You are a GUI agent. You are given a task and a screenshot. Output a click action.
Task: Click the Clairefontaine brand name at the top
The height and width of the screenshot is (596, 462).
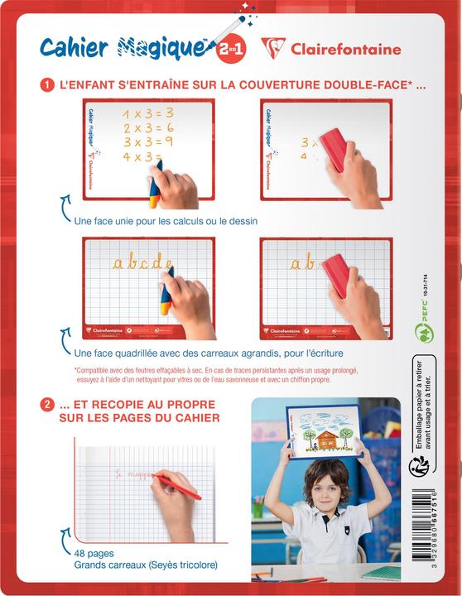pos(344,50)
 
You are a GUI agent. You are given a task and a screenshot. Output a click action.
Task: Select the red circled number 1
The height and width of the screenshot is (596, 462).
pos(48,84)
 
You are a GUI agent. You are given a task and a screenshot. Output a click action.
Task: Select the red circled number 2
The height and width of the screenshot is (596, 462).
pos(48,405)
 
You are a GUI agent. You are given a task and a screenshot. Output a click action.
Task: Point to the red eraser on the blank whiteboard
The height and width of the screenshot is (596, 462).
pos(334,148)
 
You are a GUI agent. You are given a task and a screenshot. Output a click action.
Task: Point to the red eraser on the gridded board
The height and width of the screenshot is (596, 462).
pos(339,275)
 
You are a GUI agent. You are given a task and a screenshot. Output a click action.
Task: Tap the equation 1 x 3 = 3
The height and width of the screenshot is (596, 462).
pos(148,113)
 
